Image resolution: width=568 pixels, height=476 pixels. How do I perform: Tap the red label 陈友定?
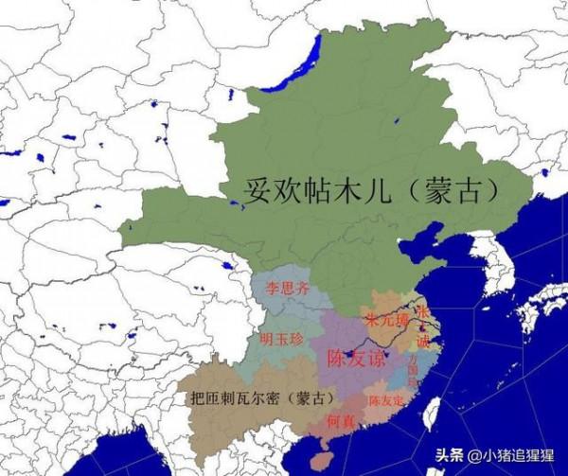click(x=386, y=400)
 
